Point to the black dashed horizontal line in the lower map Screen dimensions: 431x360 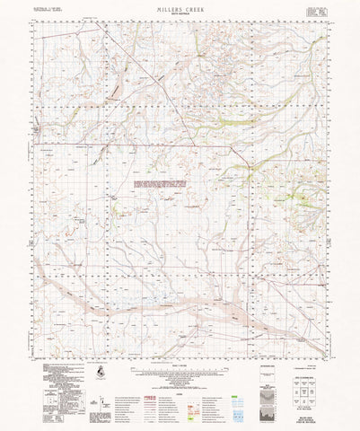coord(180,270)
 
